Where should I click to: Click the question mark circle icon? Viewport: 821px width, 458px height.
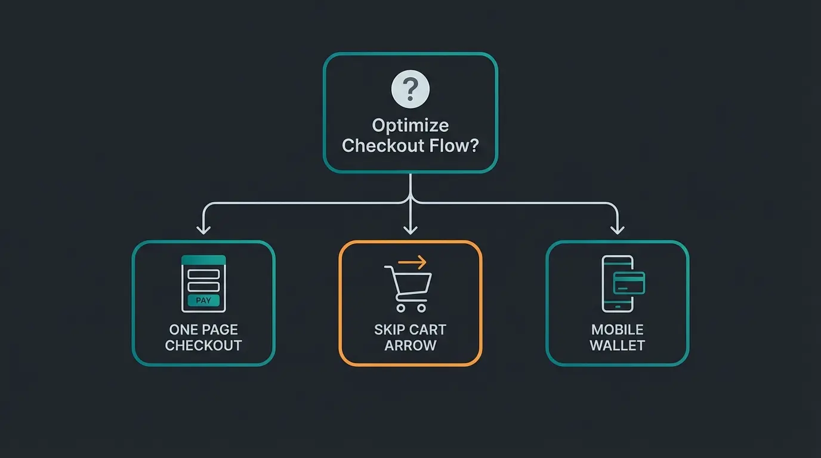[410, 89]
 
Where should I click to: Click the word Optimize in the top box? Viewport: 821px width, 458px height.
[410, 126]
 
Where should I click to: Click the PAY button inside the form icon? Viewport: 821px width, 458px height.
[203, 301]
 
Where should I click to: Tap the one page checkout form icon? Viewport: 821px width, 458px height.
[203, 283]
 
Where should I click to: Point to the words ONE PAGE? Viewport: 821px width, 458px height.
[203, 330]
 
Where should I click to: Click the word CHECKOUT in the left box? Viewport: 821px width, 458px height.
[203, 346]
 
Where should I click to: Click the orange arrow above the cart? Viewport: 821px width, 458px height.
[413, 262]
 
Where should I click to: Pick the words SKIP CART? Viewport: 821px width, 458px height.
[410, 330]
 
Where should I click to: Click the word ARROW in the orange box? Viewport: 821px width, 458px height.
[410, 346]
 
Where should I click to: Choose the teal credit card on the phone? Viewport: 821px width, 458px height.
[629, 283]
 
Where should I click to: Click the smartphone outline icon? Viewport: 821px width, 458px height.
[617, 283]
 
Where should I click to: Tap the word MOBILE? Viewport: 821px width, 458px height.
[618, 330]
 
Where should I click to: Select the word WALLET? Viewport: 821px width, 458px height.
[618, 346]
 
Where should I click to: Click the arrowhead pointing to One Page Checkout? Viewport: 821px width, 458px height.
[203, 230]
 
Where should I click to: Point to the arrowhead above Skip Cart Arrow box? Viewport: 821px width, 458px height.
[410, 230]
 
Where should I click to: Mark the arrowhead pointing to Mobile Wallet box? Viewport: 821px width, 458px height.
[618, 230]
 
